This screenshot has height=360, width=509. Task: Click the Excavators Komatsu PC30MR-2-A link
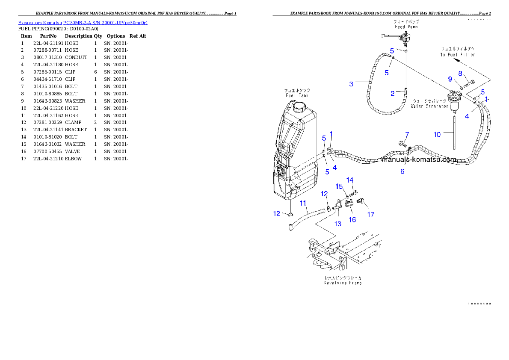[83, 23]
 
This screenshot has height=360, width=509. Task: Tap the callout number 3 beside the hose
[351, 84]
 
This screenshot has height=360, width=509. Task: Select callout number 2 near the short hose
[393, 94]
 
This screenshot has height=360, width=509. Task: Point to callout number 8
[460, 73]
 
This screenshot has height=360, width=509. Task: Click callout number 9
[450, 79]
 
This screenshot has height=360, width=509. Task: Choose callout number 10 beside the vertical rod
[437, 134]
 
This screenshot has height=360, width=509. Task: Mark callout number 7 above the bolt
[407, 135]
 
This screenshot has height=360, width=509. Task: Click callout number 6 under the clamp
[402, 171]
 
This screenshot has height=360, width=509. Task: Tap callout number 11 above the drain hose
[303, 204]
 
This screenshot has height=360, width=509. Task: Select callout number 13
[338, 224]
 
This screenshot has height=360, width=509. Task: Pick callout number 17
[371, 215]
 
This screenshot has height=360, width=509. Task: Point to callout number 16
[352, 220]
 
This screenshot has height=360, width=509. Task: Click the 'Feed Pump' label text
[406, 27]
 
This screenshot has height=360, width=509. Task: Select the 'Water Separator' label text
[429, 106]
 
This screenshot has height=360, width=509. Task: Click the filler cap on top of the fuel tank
[300, 105]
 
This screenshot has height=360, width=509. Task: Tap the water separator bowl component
[453, 102]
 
